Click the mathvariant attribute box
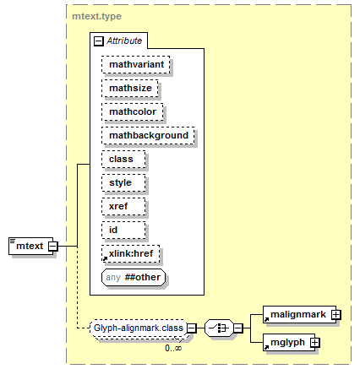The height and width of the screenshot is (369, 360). click(x=136, y=65)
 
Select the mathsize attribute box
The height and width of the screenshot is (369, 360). click(x=130, y=89)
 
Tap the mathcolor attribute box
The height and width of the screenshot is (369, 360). click(x=133, y=112)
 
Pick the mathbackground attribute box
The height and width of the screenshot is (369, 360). click(x=148, y=136)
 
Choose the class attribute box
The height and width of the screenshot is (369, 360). click(x=123, y=160)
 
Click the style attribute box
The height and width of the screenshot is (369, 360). click(x=123, y=183)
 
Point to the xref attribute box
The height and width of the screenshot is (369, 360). click(x=123, y=207)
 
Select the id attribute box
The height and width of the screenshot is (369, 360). click(x=123, y=231)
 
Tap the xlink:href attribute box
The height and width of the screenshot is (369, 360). click(x=131, y=254)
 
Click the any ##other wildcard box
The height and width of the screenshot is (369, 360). click(x=134, y=278)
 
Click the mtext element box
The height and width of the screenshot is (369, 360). click(x=30, y=247)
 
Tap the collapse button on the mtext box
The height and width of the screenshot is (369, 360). click(x=53, y=247)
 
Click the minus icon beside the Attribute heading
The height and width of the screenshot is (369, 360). click(x=99, y=41)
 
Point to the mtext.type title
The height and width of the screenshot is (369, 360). click(x=96, y=16)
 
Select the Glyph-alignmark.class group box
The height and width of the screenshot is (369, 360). click(x=139, y=328)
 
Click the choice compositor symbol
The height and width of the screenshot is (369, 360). click(x=219, y=328)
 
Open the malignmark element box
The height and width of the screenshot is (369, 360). click(x=300, y=314)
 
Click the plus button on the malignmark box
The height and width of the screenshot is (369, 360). click(x=336, y=314)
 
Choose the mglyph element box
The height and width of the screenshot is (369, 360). click(x=289, y=343)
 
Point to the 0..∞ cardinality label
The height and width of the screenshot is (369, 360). click(x=173, y=348)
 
